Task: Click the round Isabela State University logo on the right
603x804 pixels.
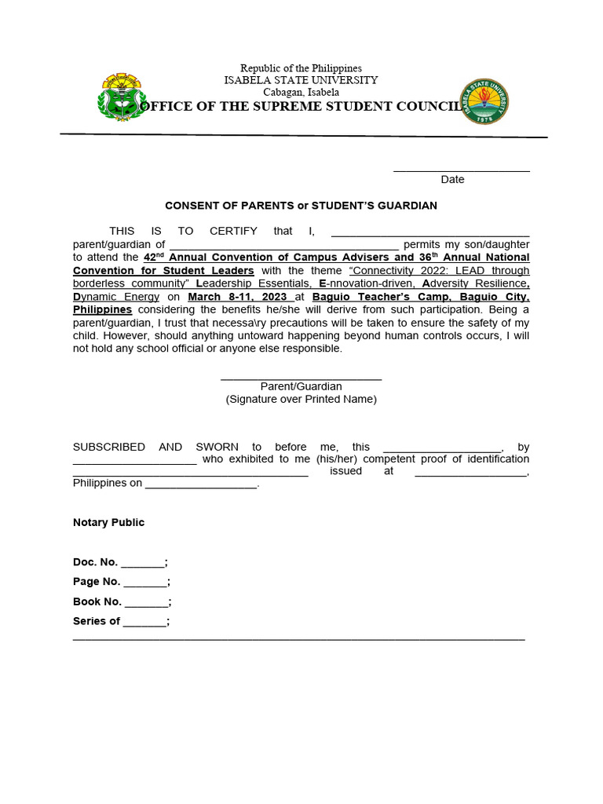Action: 484,101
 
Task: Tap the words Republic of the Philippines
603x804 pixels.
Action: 301,69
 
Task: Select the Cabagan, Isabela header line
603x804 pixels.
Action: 301,92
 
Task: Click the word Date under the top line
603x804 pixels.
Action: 452,180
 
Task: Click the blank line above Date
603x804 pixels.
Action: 461,170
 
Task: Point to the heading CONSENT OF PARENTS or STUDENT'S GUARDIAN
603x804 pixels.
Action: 301,206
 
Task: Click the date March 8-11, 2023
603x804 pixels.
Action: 238,297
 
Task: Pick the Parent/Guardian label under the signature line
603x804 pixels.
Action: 301,386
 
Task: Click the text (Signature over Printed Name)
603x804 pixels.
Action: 301,399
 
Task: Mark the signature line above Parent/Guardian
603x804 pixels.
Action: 301,378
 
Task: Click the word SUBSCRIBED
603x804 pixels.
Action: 109,447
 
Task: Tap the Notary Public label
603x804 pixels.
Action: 108,523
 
